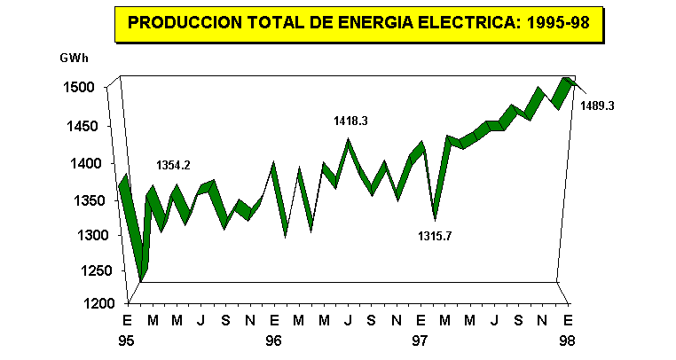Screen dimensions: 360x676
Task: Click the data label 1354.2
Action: [x=173, y=165]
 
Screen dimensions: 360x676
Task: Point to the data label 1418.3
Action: [x=350, y=120]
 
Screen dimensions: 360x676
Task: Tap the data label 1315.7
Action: [x=435, y=235]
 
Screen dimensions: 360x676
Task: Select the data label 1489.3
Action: [x=598, y=106]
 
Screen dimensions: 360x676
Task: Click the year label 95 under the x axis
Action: [x=127, y=340]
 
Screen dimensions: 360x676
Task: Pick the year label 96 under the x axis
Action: [x=273, y=340]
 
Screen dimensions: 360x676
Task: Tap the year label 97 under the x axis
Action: [x=420, y=340]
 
